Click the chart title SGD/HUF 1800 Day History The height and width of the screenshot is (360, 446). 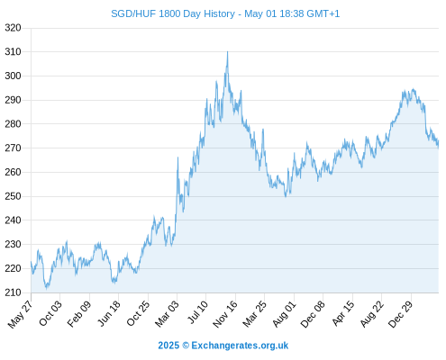173,13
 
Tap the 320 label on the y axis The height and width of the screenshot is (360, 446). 13,28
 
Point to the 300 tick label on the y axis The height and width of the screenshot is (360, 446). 13,76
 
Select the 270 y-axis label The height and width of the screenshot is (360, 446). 13,148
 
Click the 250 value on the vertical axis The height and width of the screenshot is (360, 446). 13,196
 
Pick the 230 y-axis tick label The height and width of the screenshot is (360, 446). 13,244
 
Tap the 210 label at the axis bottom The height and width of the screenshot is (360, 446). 13,292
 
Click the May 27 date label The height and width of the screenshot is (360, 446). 20,314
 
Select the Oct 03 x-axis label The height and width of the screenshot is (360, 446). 50,313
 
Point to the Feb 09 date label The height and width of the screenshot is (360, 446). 79,313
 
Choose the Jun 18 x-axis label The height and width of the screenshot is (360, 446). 109,313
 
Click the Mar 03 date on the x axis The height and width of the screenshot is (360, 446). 167,313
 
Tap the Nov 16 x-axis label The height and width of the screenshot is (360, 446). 225,314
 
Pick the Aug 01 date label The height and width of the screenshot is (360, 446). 284,313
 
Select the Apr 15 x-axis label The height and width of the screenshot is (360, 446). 343,313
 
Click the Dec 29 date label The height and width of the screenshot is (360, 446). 401,314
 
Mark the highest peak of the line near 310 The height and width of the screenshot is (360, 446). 227,51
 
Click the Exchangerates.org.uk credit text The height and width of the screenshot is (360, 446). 240,346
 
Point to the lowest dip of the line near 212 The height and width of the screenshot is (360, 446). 46,289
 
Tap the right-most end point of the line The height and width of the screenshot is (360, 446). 438,143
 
